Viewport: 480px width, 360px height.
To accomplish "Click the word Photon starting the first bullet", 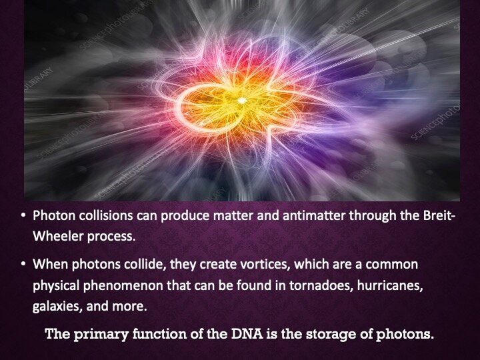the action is tap(54, 215).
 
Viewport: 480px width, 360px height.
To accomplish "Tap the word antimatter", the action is tap(315, 215).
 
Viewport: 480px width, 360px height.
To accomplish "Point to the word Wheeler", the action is tap(58, 236).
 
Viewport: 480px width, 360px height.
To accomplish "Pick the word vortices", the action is tap(265, 264).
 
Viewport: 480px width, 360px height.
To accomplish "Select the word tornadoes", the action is tap(321, 285).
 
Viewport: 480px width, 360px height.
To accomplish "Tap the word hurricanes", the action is tap(390, 285).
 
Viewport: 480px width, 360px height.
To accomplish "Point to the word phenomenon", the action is tap(123, 286).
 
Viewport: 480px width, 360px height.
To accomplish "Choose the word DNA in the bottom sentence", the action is tap(247, 333).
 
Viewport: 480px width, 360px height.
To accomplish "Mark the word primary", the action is tap(101, 334).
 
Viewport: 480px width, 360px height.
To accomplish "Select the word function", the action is tap(159, 333).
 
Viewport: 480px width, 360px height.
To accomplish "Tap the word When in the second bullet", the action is tap(50, 264).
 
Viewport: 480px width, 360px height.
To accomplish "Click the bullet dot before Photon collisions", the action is tap(23, 215).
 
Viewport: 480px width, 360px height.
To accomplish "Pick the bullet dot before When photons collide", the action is tap(23, 264).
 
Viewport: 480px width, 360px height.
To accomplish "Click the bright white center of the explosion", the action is tap(242, 101).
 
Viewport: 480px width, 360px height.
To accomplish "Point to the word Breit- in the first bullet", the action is tap(439, 215).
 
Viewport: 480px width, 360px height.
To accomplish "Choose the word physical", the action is tap(56, 286).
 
